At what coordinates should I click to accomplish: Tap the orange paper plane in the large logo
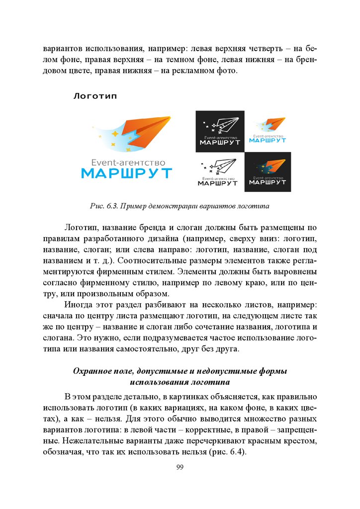(147, 131)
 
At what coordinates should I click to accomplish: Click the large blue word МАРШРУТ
(127, 173)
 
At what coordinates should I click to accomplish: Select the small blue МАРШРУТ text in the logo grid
(268, 140)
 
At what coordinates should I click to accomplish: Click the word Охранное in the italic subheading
(93, 371)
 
